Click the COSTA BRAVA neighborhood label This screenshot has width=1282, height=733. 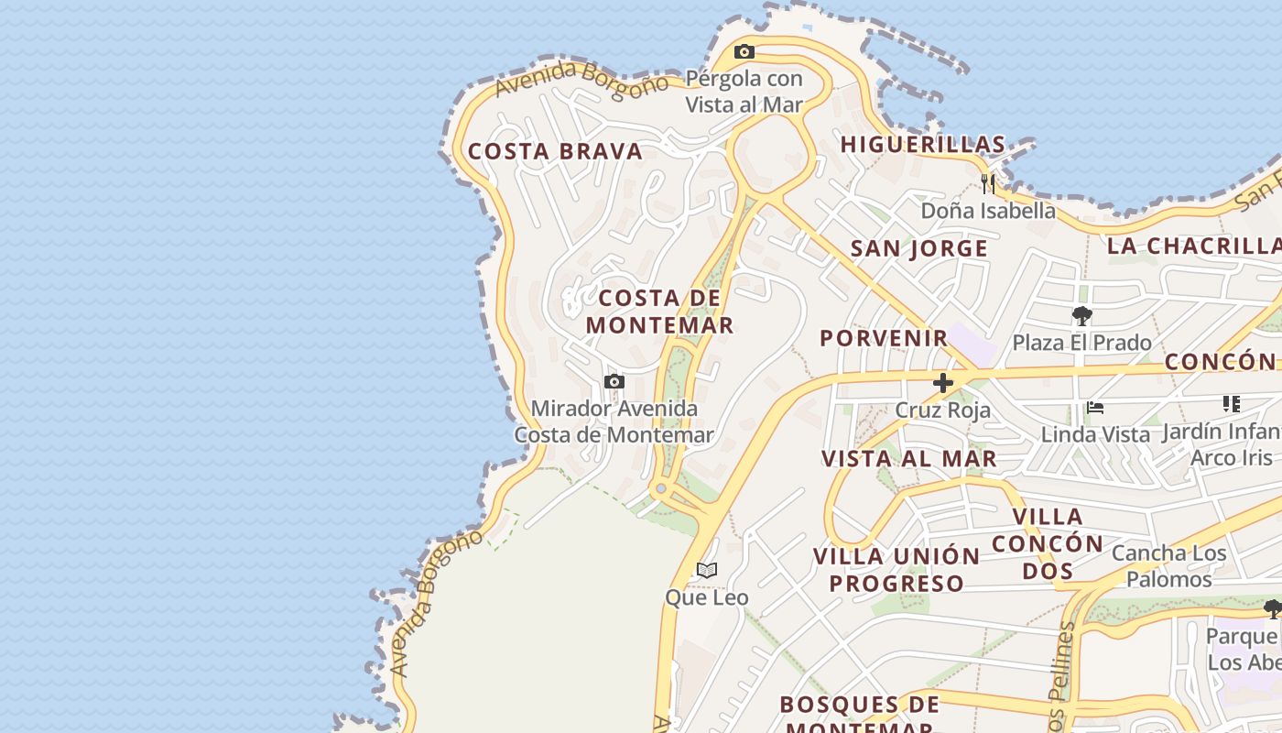tap(555, 152)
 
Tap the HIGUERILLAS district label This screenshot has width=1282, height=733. tap(923, 145)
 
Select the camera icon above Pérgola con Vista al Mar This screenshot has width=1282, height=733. tap(744, 52)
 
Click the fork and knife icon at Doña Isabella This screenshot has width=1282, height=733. tap(987, 183)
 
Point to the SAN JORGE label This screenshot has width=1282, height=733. tap(919, 249)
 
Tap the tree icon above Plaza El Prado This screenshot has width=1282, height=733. tap(1081, 317)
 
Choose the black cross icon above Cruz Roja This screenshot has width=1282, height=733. tap(942, 383)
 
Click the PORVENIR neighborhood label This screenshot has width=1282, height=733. tap(884, 338)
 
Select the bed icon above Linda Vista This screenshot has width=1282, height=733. tap(1095, 408)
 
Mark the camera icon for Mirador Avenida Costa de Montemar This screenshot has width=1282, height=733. tap(614, 382)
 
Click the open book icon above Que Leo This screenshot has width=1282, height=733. tap(706, 571)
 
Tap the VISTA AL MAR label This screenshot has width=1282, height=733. tap(909, 459)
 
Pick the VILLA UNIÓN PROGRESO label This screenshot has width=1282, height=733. tap(896, 569)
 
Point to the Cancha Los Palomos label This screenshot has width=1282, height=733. tap(1168, 566)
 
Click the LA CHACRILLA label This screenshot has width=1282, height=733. tap(1193, 246)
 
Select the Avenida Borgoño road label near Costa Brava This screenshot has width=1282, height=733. tap(582, 80)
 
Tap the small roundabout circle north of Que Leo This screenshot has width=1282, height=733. tap(661, 488)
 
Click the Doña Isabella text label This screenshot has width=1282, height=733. tap(988, 211)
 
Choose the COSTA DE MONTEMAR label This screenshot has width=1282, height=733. tap(659, 312)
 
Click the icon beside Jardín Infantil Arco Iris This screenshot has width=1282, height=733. tap(1231, 404)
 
